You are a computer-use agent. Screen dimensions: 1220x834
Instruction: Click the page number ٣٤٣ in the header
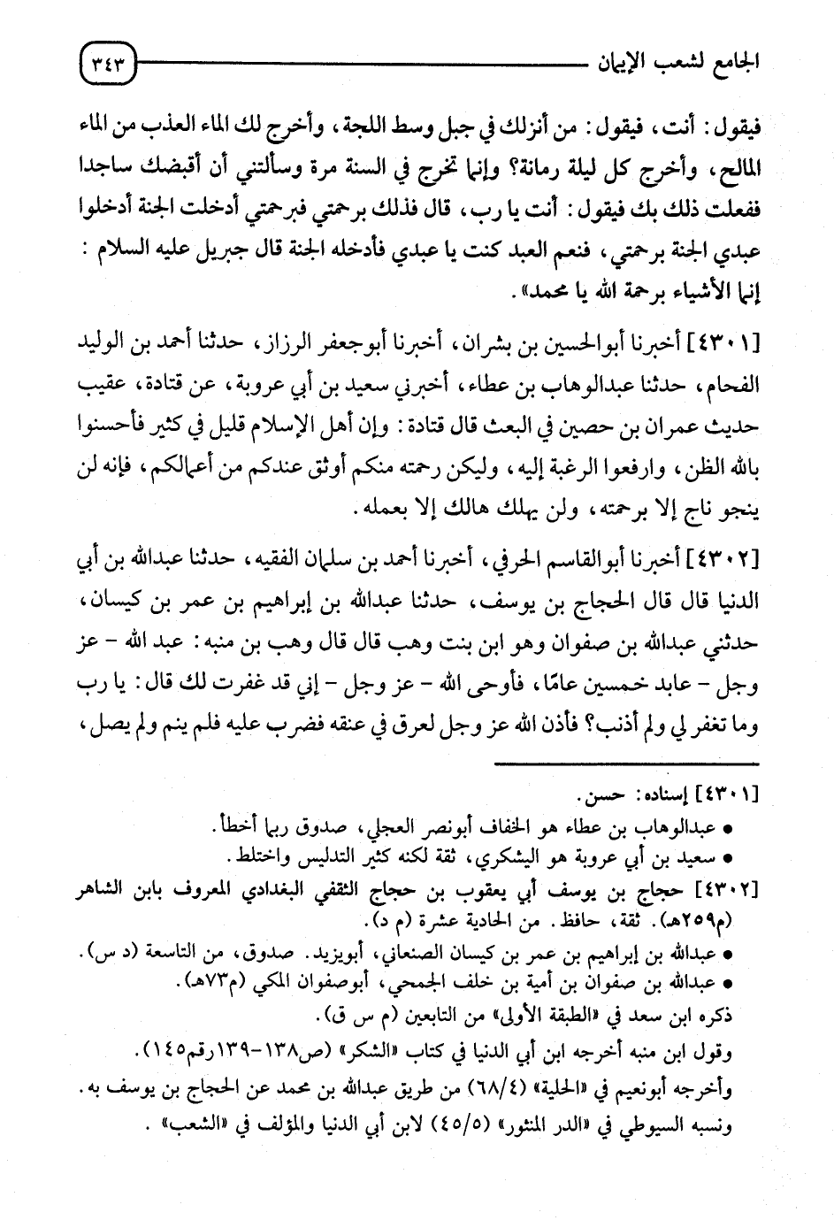pos(106,63)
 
